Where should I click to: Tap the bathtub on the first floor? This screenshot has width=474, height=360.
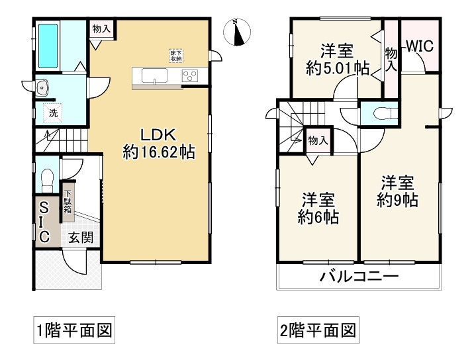coord(48,45)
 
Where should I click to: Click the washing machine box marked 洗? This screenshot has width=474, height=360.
coord(52,112)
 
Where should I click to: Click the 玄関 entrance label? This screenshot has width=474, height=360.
coord(79,238)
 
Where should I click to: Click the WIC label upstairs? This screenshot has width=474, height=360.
coord(419,47)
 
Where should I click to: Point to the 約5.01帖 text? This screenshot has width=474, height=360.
coord(337,67)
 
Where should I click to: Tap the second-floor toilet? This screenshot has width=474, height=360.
coord(383,113)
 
